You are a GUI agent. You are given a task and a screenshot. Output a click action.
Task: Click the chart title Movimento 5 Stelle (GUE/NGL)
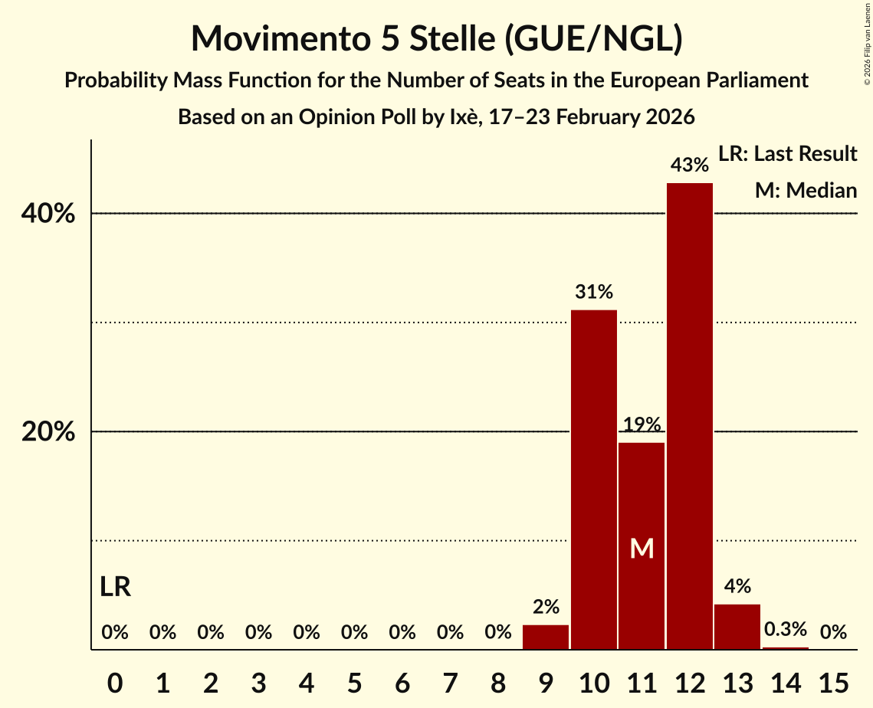436,38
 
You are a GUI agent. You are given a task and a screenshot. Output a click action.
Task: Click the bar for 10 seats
594,480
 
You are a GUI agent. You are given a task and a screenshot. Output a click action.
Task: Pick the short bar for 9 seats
546,638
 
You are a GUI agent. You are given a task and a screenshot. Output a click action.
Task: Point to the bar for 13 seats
737,627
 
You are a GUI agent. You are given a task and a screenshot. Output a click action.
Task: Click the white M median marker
642,548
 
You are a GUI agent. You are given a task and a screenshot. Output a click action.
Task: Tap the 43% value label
690,165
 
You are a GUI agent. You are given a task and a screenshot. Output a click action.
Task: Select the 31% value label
594,292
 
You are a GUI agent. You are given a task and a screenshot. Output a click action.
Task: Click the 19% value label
642,424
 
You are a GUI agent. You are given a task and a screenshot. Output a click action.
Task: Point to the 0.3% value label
786,630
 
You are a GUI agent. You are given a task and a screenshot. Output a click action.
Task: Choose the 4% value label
737,587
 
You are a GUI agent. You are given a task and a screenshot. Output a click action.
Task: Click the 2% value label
546,608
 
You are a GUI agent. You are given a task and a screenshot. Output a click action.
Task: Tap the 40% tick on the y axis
48,214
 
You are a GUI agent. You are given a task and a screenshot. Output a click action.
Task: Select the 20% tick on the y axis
48,432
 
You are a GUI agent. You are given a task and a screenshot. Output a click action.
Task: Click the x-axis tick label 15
833,680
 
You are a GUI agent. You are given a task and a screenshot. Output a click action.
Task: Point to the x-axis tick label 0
115,680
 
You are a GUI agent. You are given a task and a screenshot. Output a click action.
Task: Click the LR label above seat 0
116,588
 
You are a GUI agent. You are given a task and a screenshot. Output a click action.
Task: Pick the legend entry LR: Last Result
787,154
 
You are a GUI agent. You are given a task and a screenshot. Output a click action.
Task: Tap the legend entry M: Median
806,190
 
